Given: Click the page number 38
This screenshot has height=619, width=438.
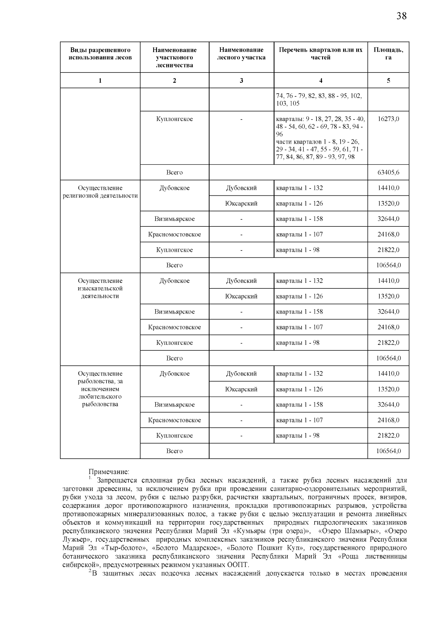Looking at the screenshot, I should (x=401, y=16).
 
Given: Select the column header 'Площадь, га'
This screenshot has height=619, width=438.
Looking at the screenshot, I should (x=388, y=54).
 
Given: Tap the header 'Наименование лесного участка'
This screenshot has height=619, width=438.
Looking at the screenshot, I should (x=241, y=54).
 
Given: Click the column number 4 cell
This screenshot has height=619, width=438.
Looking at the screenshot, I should (x=320, y=81).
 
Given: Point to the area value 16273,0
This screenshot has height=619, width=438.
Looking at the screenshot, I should (x=388, y=119).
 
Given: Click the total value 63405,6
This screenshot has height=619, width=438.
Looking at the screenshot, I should (x=388, y=172).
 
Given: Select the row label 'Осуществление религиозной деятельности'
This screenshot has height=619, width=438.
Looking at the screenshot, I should (x=100, y=192).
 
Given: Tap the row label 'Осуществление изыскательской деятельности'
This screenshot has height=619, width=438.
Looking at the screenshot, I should (x=100, y=288).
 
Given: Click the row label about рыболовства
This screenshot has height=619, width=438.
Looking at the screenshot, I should (x=100, y=389).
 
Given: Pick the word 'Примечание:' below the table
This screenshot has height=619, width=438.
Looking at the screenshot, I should (x=109, y=472).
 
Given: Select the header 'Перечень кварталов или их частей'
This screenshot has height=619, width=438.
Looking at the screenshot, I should (x=320, y=54).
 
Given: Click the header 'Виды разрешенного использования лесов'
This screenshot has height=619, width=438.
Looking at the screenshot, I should (x=100, y=54).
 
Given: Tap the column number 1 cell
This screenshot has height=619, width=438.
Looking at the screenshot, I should (x=100, y=81).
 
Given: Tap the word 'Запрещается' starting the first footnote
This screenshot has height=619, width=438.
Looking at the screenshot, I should (x=116, y=480).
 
